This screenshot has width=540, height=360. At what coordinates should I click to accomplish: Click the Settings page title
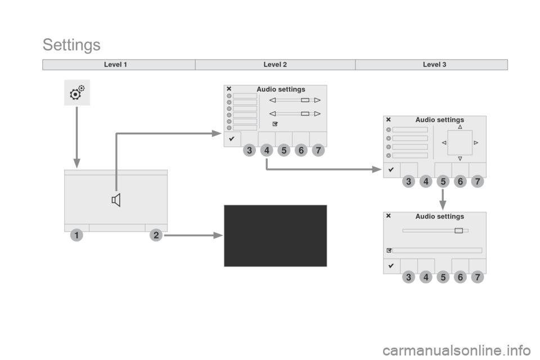coord(71,45)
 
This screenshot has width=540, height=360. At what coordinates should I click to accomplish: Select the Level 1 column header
coord(115,65)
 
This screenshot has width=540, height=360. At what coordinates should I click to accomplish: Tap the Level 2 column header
coord(275,65)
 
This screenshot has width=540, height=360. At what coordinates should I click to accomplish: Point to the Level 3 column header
coord(434,65)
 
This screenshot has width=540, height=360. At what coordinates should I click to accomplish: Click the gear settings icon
coord(77,92)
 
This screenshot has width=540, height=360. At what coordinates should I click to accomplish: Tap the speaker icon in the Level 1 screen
coord(116,200)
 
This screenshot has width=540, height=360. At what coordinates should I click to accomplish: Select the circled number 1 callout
coord(76,235)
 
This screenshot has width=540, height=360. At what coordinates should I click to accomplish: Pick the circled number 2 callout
coord(156,235)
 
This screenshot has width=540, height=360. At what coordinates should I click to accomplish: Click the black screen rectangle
coord(275,236)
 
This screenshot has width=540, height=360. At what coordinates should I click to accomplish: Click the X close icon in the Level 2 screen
coord(229,89)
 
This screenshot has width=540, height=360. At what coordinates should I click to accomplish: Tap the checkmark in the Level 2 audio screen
coord(232,139)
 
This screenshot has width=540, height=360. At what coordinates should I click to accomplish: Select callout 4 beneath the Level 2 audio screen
coord(267,150)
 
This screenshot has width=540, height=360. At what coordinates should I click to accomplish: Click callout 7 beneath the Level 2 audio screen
coord(318,150)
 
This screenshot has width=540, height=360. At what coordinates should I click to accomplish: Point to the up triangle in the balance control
coord(460,127)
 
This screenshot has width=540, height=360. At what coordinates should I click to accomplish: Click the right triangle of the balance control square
coord(476,143)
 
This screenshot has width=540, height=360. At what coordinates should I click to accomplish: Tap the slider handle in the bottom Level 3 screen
coord(459,231)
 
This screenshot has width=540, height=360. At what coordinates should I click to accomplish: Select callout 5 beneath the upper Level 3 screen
coord(443,181)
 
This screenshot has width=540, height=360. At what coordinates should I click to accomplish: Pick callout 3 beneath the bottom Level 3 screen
coord(408,277)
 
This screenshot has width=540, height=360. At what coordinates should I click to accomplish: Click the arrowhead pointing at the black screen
coord(218,235)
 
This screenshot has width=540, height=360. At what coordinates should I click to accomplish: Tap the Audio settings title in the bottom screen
coord(439,217)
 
